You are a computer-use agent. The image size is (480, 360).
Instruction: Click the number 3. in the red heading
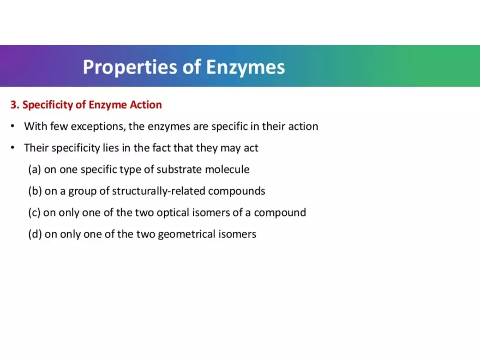point(15,104)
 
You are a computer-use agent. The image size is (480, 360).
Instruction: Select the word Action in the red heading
point(146,104)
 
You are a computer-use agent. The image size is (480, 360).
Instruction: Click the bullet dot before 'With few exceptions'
point(13,127)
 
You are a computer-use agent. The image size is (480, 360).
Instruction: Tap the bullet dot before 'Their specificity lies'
point(13,148)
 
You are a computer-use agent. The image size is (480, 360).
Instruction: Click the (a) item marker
point(34,170)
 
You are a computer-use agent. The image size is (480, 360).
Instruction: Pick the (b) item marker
point(34,191)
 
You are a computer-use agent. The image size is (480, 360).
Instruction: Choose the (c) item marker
point(34,213)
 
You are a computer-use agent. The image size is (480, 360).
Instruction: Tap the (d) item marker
point(34,235)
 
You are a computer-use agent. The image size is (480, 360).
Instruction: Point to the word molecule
point(227,170)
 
